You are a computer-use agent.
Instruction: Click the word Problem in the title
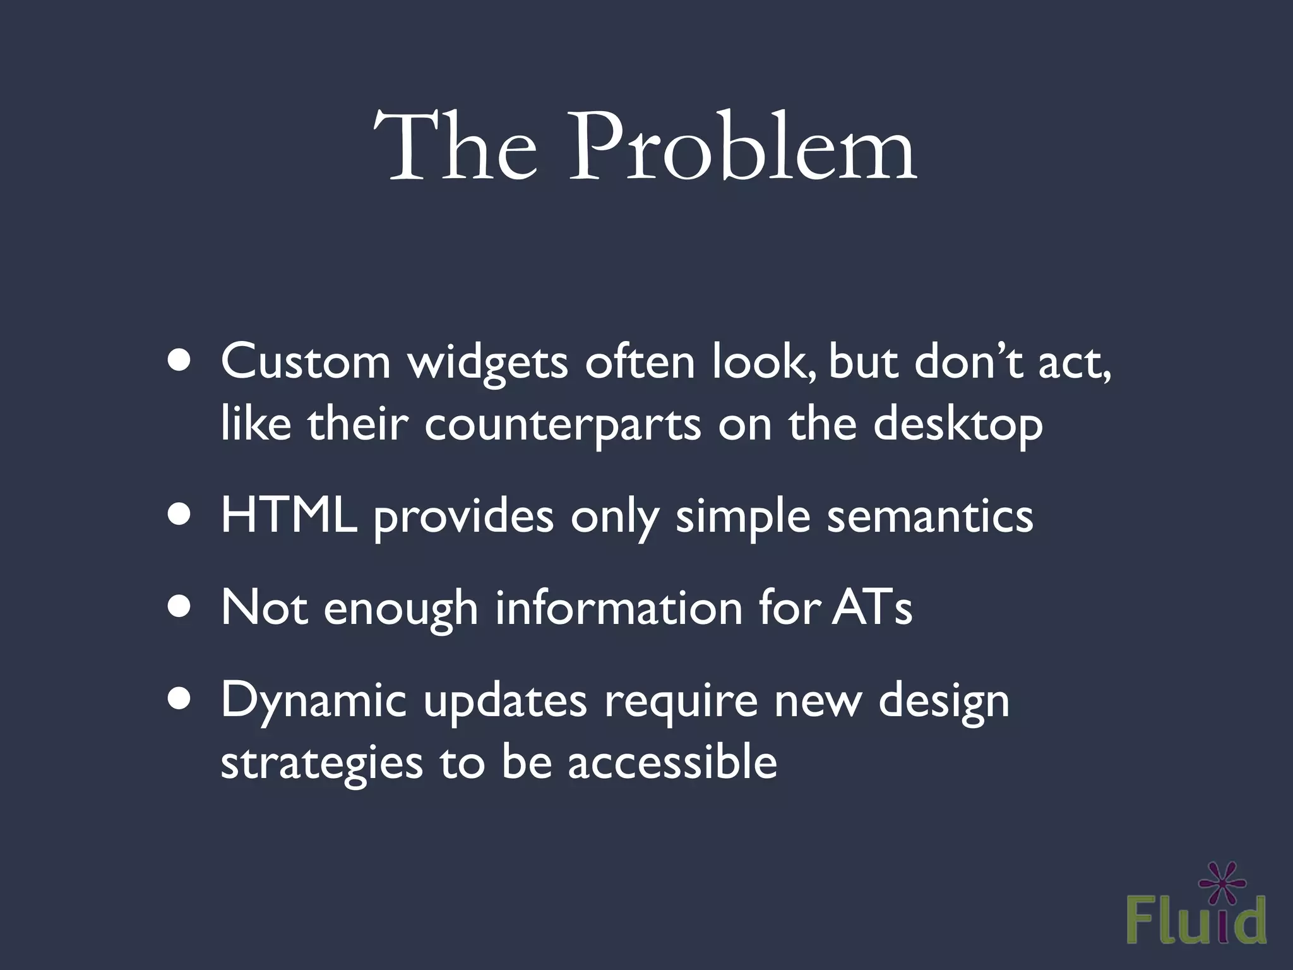(x=742, y=149)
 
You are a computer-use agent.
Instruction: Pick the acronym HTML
(x=289, y=516)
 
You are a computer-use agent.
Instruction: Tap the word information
(x=619, y=608)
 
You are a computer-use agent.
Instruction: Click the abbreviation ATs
(x=872, y=608)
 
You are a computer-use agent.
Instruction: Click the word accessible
(x=672, y=762)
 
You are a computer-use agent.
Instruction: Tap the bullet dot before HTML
(x=180, y=515)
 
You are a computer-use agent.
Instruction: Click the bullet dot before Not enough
(x=180, y=607)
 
